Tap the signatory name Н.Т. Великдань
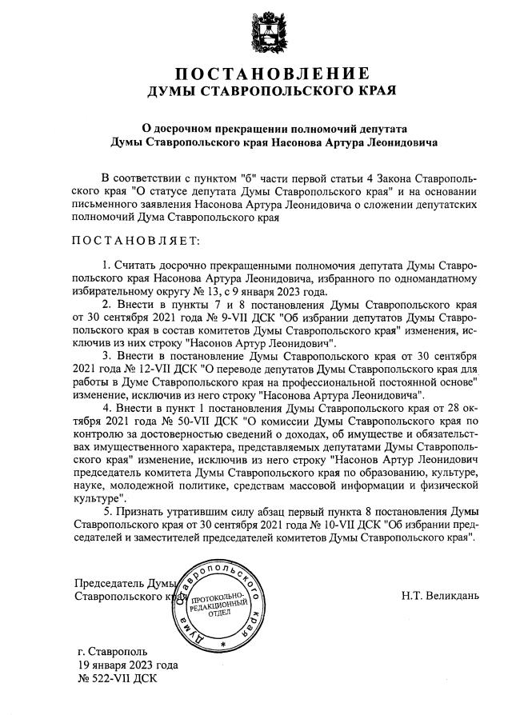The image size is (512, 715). [441, 595]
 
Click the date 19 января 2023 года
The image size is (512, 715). [127, 665]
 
